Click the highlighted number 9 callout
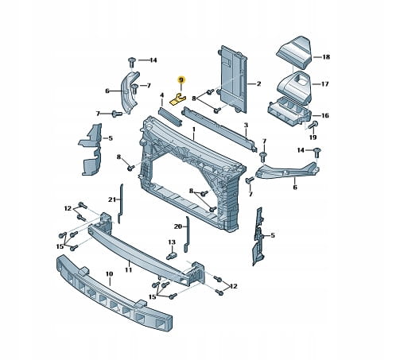[181, 79]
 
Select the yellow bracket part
[177, 99]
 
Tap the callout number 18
[326, 57]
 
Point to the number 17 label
[324, 84]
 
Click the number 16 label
[324, 115]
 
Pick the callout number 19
[313, 137]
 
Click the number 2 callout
[258, 84]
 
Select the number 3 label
[246, 126]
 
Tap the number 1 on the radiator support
[194, 130]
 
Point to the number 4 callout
[162, 95]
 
